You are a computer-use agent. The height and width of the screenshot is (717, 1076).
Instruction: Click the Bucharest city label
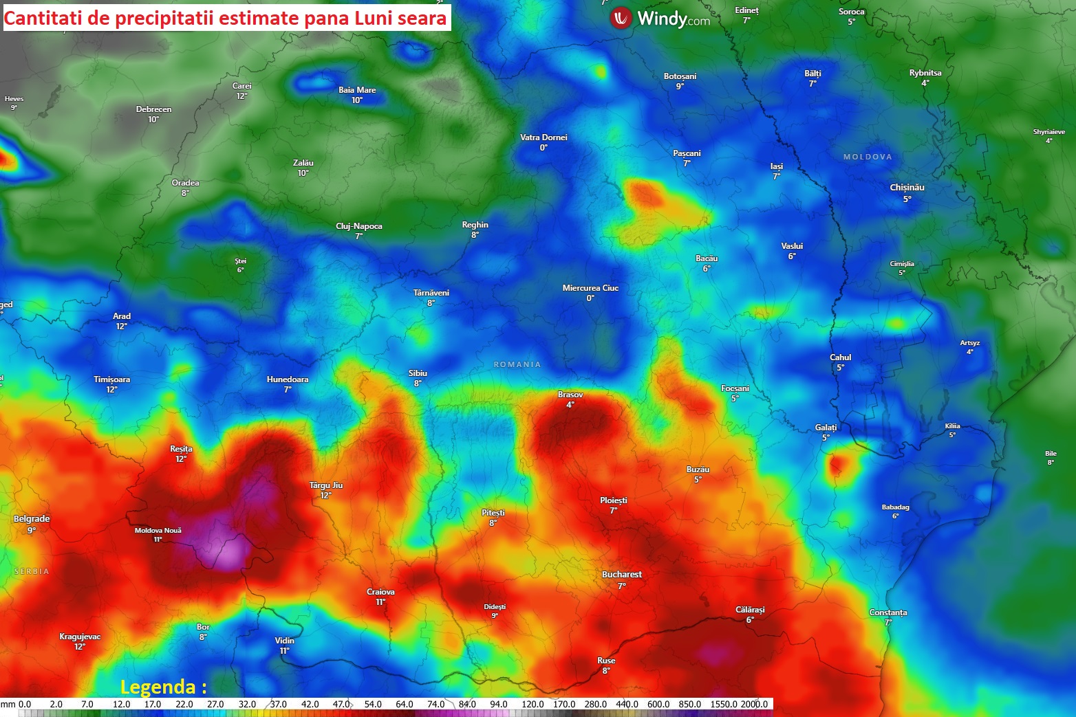[622, 575]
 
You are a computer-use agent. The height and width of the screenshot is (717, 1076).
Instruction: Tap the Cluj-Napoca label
[358, 226]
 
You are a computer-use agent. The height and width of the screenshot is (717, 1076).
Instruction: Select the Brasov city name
[570, 395]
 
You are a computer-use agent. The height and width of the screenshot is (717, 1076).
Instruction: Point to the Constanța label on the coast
[887, 613]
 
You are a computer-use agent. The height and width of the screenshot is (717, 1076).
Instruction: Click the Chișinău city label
[907, 188]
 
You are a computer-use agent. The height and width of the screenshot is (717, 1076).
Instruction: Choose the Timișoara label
[111, 379]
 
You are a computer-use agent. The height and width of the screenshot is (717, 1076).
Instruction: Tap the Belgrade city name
[32, 519]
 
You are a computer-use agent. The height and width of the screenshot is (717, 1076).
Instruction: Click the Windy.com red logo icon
[621, 19]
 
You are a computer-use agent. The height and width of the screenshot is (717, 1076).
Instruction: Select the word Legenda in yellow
[158, 687]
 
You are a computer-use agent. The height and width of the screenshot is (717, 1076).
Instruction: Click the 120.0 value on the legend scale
[532, 704]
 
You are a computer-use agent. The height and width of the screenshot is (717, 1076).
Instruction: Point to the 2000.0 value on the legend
[754, 704]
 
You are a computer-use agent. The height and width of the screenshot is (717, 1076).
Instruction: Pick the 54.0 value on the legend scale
[373, 704]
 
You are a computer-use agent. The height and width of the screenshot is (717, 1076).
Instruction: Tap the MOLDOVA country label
[868, 157]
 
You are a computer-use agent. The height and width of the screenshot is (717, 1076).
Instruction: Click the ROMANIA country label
[517, 364]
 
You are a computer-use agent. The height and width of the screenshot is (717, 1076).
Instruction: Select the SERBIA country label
[32, 571]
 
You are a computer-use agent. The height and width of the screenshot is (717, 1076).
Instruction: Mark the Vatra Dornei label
[544, 137]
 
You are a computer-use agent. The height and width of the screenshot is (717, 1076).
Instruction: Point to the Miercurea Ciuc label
[590, 288]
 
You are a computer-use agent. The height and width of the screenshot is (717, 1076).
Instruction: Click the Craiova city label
[380, 592]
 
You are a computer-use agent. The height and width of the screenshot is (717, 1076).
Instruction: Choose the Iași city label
[776, 166]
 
